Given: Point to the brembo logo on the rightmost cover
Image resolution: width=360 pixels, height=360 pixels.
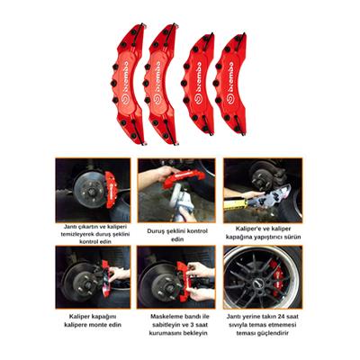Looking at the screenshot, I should [x=236, y=76].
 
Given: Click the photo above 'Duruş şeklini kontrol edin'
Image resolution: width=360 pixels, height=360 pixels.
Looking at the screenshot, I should [x=176, y=190].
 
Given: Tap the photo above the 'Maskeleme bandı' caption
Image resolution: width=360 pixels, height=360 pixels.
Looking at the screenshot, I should [x=176, y=276].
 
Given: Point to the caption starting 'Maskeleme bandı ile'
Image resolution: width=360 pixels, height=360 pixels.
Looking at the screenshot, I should [x=176, y=320].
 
